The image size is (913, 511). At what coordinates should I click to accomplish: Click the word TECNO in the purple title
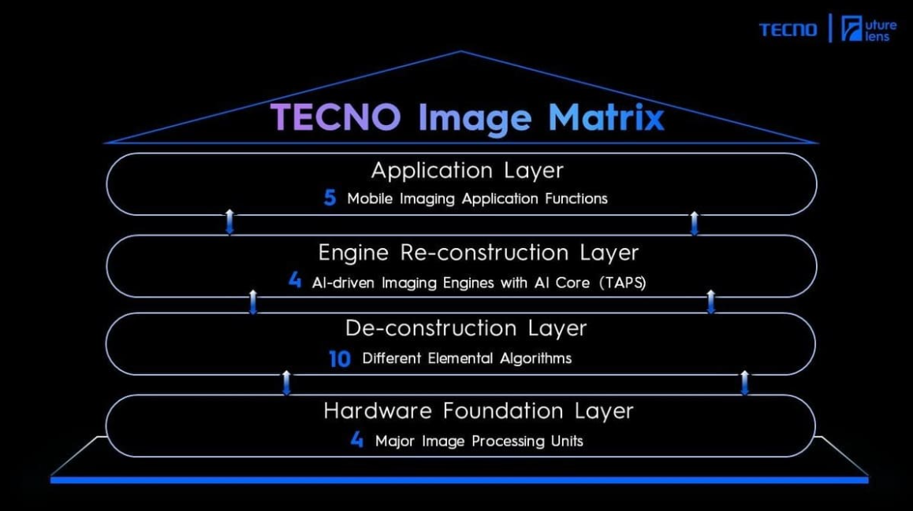(x=336, y=117)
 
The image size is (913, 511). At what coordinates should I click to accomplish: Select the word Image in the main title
(x=475, y=119)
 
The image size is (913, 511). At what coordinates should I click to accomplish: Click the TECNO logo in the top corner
(x=788, y=29)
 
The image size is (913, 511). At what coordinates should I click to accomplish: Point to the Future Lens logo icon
(x=852, y=28)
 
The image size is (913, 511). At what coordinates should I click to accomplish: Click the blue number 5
(x=330, y=198)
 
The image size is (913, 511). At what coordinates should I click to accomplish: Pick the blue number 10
(x=340, y=359)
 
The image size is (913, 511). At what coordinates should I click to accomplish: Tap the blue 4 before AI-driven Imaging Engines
(x=295, y=280)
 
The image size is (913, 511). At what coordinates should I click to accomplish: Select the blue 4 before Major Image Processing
(x=357, y=439)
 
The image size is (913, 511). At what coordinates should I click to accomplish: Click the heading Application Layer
(x=467, y=171)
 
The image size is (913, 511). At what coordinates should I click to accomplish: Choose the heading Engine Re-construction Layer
(x=478, y=253)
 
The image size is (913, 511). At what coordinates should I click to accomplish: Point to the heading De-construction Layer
(x=466, y=328)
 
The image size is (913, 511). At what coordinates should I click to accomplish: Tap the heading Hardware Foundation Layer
(x=478, y=411)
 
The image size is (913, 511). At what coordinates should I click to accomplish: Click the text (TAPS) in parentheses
(x=622, y=283)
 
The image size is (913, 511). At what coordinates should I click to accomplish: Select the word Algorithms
(x=535, y=359)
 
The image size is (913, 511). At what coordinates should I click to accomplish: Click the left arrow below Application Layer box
(x=230, y=222)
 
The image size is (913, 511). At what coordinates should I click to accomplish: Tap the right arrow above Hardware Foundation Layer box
(x=744, y=383)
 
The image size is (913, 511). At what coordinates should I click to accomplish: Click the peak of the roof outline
(x=460, y=51)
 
